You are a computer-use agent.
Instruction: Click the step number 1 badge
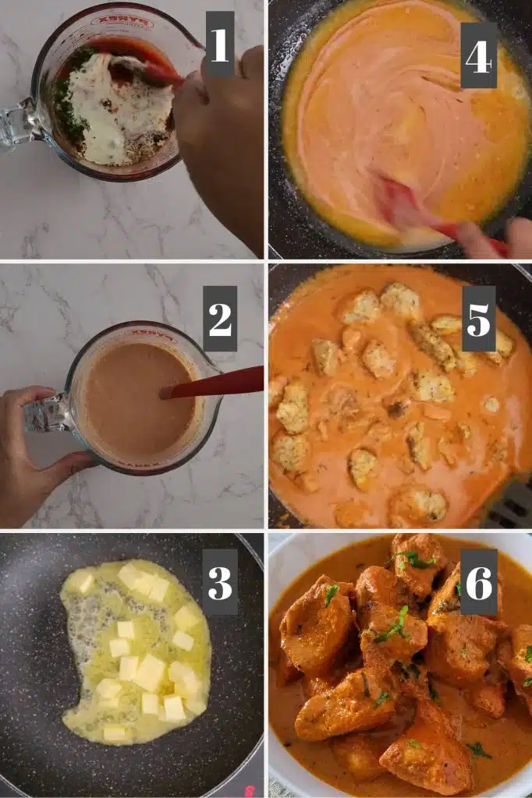click(220, 44)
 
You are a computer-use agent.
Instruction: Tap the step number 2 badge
click(220, 319)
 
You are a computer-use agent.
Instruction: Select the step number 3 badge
click(220, 581)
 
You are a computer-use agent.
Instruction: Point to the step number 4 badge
click(478, 55)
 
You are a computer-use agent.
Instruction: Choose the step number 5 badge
click(478, 319)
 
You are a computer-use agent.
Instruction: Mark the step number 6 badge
click(478, 581)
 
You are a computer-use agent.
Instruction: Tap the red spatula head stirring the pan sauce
click(403, 201)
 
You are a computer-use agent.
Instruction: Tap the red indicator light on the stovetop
click(249, 791)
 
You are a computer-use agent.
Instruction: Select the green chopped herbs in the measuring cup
click(69, 97)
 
